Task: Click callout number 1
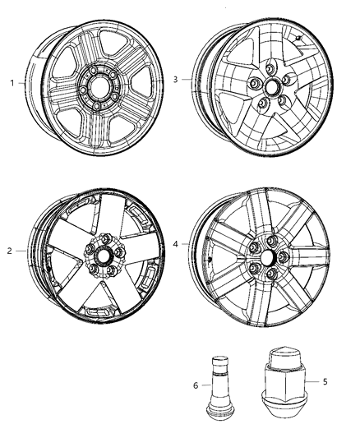click(x=12, y=83)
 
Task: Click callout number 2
click(x=10, y=251)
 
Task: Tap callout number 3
click(x=175, y=80)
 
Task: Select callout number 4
click(x=175, y=244)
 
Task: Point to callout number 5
click(x=325, y=381)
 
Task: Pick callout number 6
click(x=196, y=385)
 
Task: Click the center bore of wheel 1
click(x=98, y=87)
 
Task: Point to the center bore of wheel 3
click(x=271, y=87)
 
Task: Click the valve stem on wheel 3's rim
click(x=298, y=39)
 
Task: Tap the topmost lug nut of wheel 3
click(x=270, y=68)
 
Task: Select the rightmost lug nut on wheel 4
click(x=284, y=256)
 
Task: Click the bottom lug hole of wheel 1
click(x=97, y=106)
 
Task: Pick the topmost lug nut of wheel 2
click(x=105, y=238)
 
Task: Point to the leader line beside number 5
click(x=312, y=381)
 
